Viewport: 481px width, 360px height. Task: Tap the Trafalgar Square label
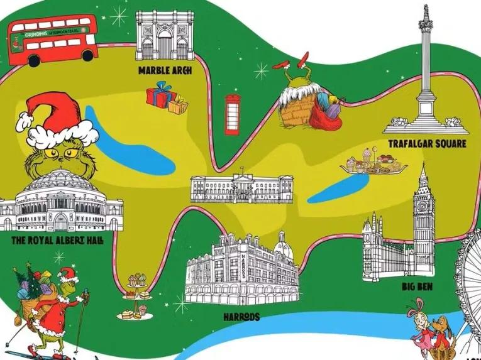[x=427, y=144]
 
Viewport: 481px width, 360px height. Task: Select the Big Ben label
[x=417, y=287]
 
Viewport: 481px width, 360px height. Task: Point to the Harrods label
[x=241, y=317]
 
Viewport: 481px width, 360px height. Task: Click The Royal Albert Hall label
[x=58, y=241]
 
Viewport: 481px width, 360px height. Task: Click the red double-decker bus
[x=52, y=40]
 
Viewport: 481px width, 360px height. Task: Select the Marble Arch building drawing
[x=165, y=36]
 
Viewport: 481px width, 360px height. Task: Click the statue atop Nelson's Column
[x=427, y=12]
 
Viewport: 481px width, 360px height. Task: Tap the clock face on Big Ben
[x=424, y=205]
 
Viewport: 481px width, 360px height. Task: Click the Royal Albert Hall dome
[x=60, y=182]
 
